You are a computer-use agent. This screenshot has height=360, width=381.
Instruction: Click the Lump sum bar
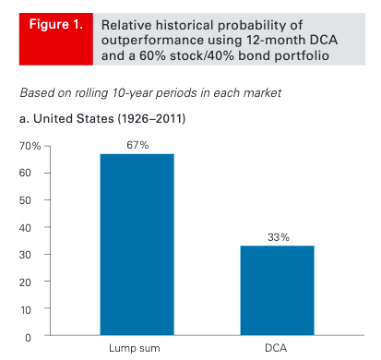(137, 245)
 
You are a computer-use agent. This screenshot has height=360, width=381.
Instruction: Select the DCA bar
(277, 290)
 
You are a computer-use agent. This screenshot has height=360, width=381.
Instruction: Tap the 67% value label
(137, 145)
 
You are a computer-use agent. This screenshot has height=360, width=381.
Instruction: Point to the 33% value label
(279, 237)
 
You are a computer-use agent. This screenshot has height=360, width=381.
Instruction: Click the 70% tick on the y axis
(30, 146)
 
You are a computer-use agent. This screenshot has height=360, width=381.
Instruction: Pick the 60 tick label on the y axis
(25, 173)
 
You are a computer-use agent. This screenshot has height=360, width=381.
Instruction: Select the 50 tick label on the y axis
(25, 200)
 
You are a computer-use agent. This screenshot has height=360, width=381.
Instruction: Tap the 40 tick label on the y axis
(25, 228)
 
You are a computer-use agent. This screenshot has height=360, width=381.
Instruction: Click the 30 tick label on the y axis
(25, 255)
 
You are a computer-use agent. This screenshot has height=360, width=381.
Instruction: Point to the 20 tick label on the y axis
(25, 282)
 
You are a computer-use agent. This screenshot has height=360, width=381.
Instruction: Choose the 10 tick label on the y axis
(26, 309)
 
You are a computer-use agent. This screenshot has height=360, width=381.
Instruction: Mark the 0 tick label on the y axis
(28, 338)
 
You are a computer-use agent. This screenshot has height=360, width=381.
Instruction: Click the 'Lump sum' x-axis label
(135, 348)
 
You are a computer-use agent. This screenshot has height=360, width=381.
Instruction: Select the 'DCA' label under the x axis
(276, 348)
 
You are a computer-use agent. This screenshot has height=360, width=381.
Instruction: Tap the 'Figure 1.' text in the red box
(56, 24)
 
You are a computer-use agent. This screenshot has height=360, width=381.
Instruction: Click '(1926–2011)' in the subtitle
(151, 118)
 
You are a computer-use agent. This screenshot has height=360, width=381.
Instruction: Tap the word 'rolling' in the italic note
(91, 93)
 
